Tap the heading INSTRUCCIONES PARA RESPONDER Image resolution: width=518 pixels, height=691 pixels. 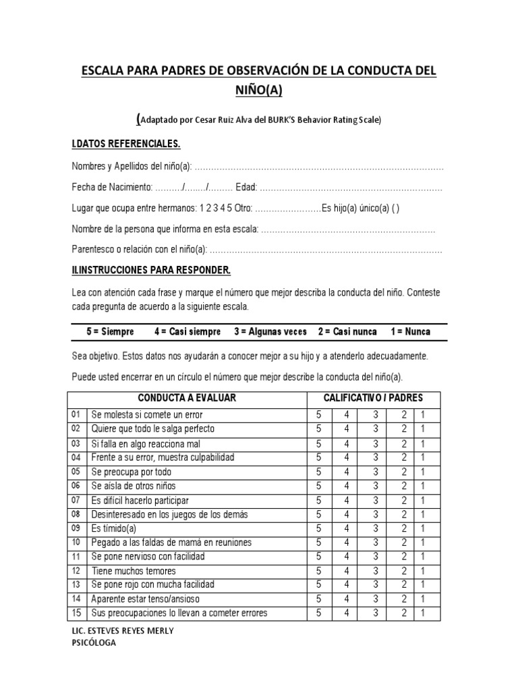click(152, 270)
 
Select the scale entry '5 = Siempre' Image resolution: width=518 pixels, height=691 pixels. click(110, 331)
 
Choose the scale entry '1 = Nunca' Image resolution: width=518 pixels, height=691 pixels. click(410, 331)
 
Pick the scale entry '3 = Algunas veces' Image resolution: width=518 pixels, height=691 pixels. click(270, 331)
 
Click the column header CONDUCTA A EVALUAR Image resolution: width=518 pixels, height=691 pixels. click(187, 397)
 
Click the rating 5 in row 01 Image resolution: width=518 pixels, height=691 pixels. click(319, 414)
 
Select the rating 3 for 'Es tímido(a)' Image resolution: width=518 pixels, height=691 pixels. click(376, 528)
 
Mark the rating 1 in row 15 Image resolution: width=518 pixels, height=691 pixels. click(423, 613)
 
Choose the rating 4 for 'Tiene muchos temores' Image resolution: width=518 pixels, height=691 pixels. click(347, 570)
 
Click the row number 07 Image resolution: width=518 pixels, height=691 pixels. click(76, 499)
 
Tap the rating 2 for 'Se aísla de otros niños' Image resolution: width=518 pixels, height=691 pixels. click(404, 485)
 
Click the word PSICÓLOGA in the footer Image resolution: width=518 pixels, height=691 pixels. click(94, 643)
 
